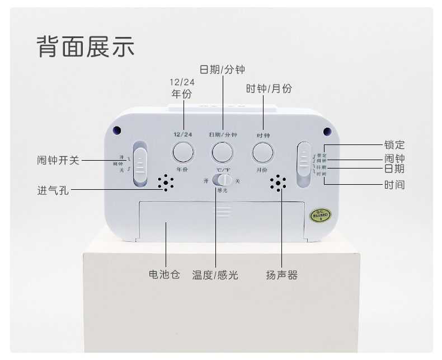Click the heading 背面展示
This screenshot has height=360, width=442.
[x=86, y=46]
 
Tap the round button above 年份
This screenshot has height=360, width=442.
[x=182, y=152]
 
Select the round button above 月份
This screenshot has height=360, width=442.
[x=262, y=152]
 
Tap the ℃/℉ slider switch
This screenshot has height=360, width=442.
[x=223, y=180]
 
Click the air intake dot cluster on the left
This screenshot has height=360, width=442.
[x=166, y=183]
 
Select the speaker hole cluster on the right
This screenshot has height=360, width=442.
[x=278, y=183]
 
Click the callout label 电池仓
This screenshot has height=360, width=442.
[x=164, y=275]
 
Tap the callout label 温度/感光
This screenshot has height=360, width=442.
[x=215, y=275]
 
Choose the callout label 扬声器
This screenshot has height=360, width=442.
[x=281, y=275]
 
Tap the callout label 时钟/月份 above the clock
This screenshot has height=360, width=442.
[x=269, y=88]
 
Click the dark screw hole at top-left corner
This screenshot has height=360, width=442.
[x=117, y=130]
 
